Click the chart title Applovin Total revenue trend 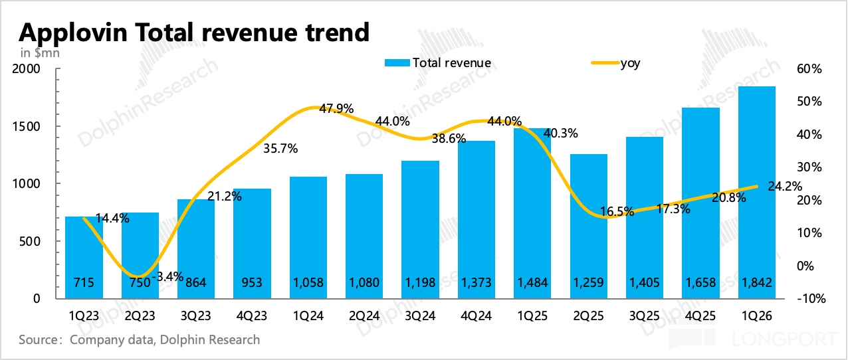click(x=194, y=33)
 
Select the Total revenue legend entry click(x=438, y=63)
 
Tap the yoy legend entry click(x=615, y=63)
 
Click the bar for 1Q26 click(x=757, y=193)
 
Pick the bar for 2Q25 click(x=589, y=226)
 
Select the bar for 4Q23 click(x=252, y=244)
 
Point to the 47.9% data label click(x=336, y=109)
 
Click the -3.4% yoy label click(x=167, y=277)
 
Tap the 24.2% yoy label click(x=785, y=186)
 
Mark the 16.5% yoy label click(x=617, y=212)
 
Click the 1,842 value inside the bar click(x=757, y=283)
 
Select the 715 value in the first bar click(x=84, y=283)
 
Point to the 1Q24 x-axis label click(x=308, y=315)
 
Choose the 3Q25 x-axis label click(x=645, y=315)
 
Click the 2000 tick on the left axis click(x=26, y=69)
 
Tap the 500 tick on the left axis click(x=29, y=241)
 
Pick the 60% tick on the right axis click(x=809, y=69)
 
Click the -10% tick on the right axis click(x=811, y=299)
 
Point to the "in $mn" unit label click(x=40, y=53)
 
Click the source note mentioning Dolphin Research click(x=140, y=339)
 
